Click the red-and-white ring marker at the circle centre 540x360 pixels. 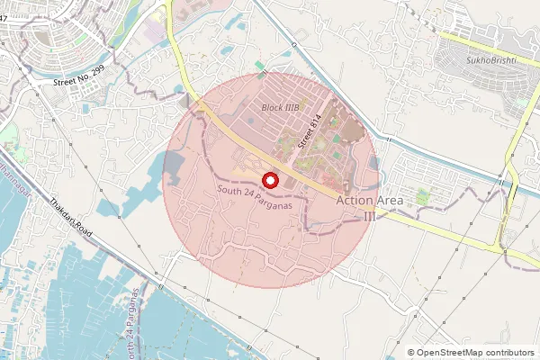[x=271, y=179]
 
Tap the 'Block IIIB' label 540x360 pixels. [x=280, y=107]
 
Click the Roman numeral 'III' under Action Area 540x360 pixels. [x=370, y=215]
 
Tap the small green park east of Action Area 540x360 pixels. [x=423, y=194]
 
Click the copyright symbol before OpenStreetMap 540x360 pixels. [x=411, y=353]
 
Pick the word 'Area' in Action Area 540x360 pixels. [x=389, y=200]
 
